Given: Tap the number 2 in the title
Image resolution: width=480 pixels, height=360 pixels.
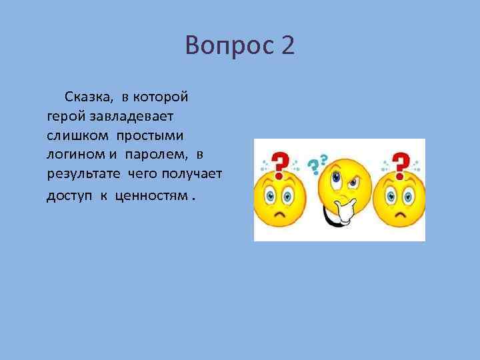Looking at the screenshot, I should click(x=287, y=46).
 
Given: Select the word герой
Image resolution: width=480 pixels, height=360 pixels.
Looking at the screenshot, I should click(x=66, y=116).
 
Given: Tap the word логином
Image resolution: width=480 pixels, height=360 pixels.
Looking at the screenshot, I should click(x=73, y=155).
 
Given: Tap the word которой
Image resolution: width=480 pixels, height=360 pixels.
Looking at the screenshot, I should click(x=163, y=97).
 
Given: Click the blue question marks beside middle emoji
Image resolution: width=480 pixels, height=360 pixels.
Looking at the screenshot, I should click(x=317, y=162).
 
